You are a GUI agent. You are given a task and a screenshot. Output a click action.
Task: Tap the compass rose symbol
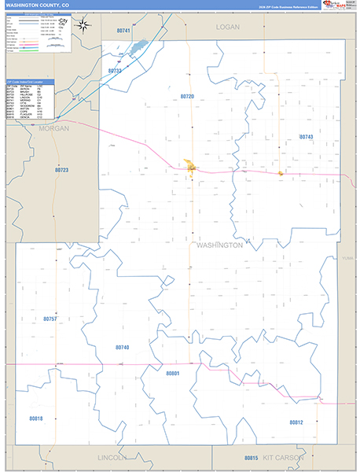[x=83, y=24]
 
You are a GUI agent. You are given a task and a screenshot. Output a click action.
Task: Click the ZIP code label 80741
[x=122, y=30]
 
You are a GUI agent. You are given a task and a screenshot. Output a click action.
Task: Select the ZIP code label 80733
[x=115, y=71]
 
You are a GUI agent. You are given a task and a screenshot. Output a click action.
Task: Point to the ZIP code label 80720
[x=187, y=96]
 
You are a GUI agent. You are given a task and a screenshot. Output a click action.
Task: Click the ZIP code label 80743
[x=306, y=137]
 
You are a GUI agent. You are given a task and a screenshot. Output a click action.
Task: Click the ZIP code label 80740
[x=122, y=347]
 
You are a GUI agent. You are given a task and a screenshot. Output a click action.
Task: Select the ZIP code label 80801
[x=173, y=373]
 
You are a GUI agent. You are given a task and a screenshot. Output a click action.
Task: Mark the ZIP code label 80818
[x=36, y=419]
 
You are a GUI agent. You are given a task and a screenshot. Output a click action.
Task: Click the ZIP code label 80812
[x=296, y=422]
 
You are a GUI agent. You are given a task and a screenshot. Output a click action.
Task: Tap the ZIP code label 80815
[x=251, y=457]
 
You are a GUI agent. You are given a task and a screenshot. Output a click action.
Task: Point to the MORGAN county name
[x=53, y=127]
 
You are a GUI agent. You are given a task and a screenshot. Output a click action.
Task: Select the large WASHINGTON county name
[x=219, y=245]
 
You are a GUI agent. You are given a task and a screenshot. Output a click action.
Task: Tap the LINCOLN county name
[x=112, y=457]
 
